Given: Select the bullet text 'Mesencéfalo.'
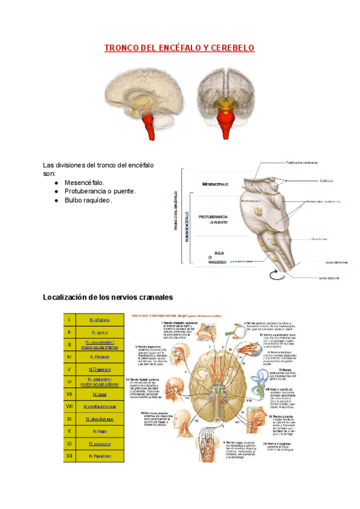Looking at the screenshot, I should (x=84, y=182).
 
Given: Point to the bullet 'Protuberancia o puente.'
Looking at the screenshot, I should (x=100, y=191).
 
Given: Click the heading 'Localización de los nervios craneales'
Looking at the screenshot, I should (x=108, y=297).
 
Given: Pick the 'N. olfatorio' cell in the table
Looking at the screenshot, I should (x=98, y=320).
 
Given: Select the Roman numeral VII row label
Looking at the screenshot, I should (x=70, y=394).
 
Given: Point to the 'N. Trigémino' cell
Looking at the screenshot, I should (x=98, y=369).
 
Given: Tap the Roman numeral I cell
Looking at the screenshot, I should (x=70, y=320).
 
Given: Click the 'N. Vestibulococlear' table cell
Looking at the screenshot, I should (x=98, y=406).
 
